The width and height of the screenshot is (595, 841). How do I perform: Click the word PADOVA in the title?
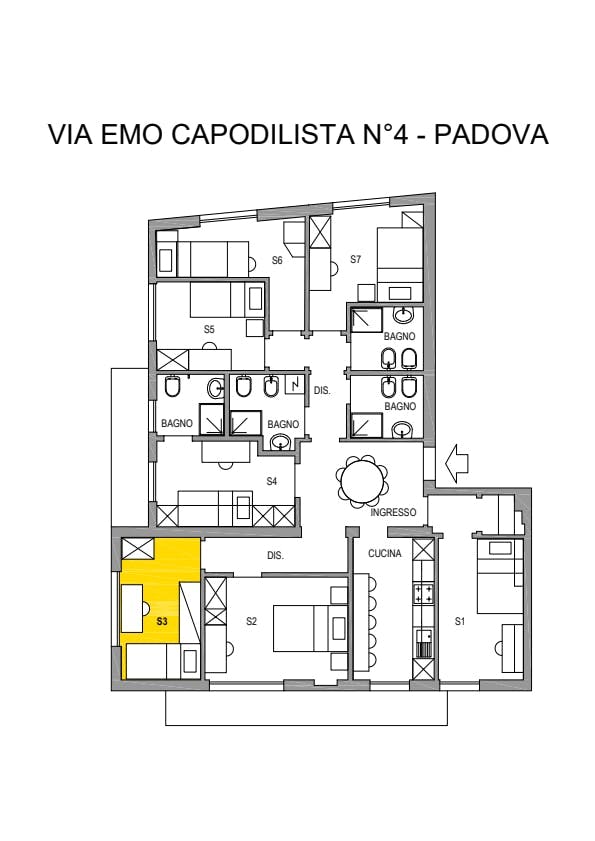(x=491, y=134)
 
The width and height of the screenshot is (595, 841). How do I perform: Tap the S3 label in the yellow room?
(x=162, y=621)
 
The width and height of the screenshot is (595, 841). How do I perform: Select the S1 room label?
(x=460, y=621)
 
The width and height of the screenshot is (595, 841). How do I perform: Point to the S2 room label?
(x=252, y=621)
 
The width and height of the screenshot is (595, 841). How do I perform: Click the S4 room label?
(x=272, y=482)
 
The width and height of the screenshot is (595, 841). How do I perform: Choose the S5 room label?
(x=209, y=329)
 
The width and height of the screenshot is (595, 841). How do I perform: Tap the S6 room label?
(x=277, y=261)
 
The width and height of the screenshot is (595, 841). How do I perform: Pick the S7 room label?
(x=356, y=260)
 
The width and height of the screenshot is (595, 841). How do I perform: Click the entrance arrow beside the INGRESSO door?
(x=457, y=463)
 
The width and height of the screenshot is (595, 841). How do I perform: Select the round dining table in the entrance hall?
(x=362, y=482)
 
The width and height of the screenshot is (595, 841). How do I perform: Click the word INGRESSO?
(x=393, y=512)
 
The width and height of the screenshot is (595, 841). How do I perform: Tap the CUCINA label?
(x=385, y=554)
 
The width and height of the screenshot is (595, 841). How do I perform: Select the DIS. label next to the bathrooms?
(x=322, y=390)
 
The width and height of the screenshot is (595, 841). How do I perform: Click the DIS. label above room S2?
(x=275, y=556)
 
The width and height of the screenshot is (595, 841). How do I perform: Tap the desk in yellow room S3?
(x=132, y=608)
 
